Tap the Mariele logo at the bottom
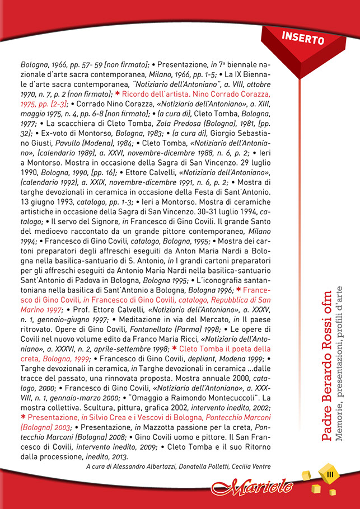coord(253,484)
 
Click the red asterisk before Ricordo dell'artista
coord(117,93)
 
